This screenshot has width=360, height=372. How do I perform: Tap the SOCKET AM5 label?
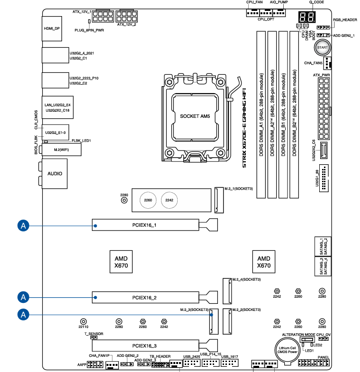tap(198, 115)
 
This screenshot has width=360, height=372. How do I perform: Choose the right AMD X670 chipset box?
tap(263, 262)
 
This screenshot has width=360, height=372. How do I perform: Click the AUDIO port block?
tap(54, 173)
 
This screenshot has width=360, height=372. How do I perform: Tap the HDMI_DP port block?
tap(52, 28)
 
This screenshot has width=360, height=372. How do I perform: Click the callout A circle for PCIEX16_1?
tap(23, 225)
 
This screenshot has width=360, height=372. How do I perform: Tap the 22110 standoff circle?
tap(83, 320)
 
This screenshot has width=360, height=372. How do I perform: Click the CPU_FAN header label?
tap(254, 3)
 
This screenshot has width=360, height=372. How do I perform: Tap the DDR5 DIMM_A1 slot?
tap(261, 115)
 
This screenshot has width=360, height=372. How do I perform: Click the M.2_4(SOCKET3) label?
tap(246, 280)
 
